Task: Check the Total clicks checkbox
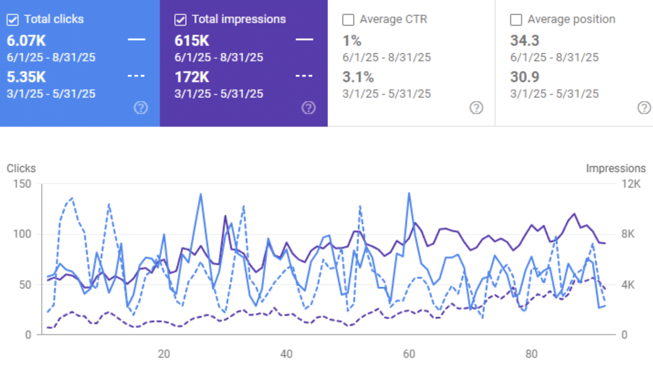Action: click(x=13, y=20)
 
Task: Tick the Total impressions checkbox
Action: click(x=180, y=20)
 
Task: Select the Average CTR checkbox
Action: click(x=348, y=20)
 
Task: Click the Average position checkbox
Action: click(x=516, y=20)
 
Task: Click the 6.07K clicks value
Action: click(x=26, y=41)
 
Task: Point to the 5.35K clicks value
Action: click(x=26, y=77)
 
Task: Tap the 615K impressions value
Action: click(x=192, y=41)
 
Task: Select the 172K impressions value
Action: click(x=192, y=77)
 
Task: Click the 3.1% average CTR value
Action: click(x=358, y=77)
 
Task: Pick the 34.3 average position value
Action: click(x=525, y=41)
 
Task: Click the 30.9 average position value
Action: click(x=525, y=77)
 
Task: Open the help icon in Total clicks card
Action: click(x=141, y=107)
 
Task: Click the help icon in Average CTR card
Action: click(x=476, y=107)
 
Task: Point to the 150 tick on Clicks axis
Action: click(x=22, y=184)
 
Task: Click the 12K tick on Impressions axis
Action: click(x=631, y=184)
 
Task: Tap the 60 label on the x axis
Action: click(x=409, y=353)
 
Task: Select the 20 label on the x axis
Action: click(x=164, y=353)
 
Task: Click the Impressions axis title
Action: click(x=615, y=168)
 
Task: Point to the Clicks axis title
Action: click(x=21, y=168)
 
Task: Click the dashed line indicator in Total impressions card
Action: click(x=304, y=76)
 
